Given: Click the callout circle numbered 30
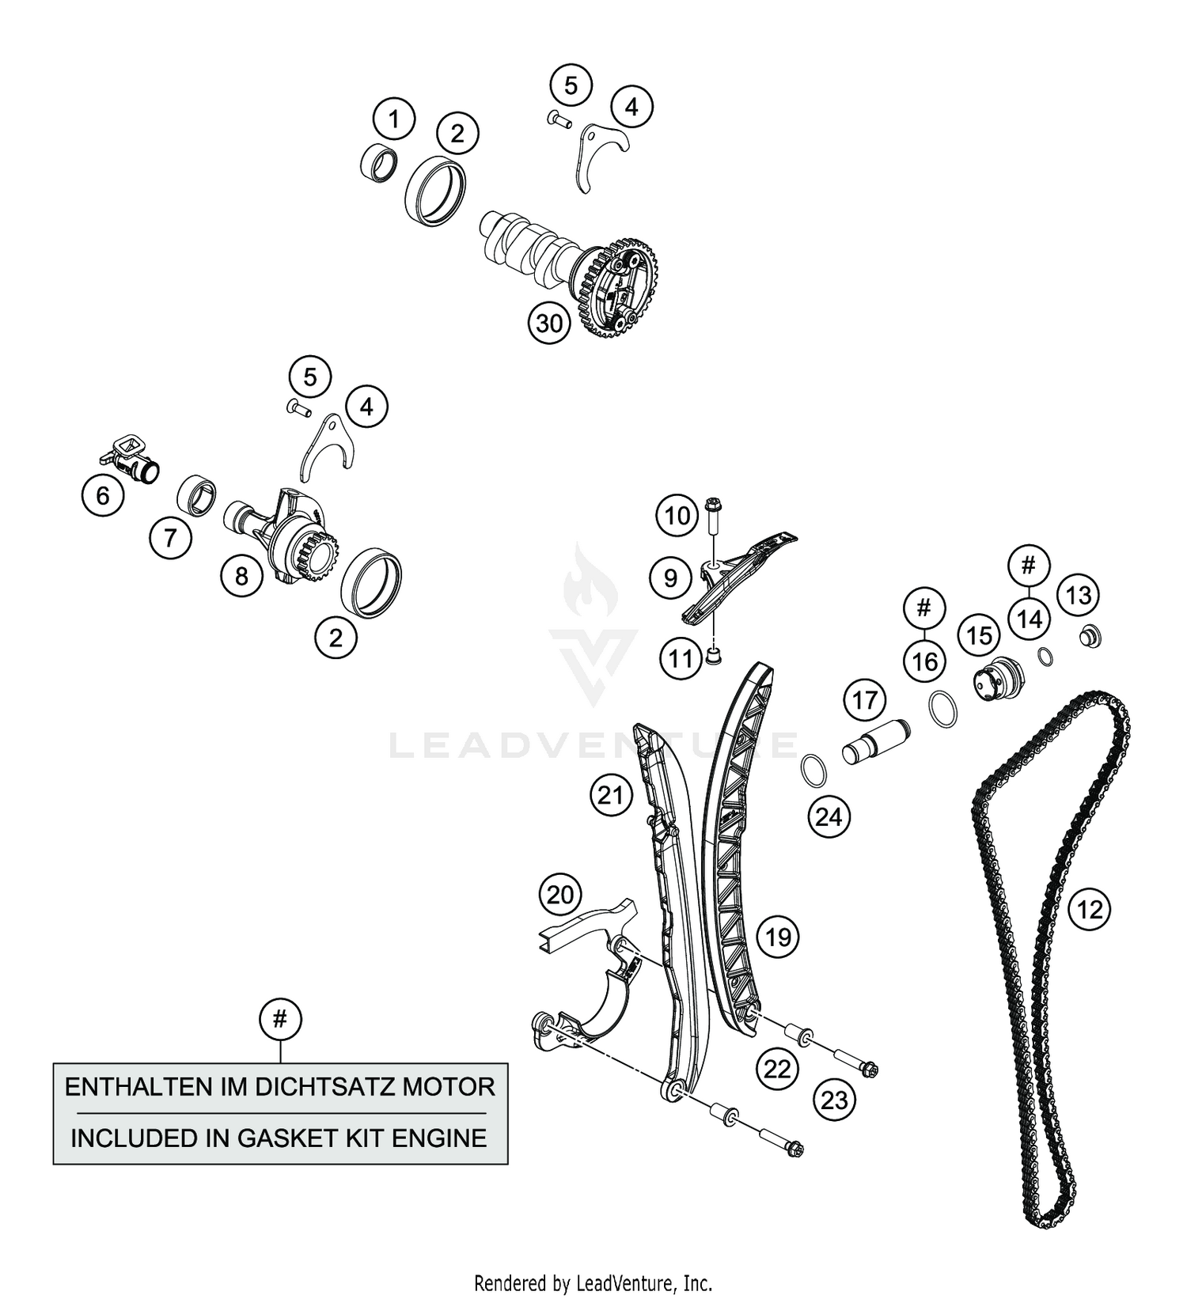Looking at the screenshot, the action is (x=550, y=323).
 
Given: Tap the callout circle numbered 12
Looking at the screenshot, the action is (x=1090, y=910).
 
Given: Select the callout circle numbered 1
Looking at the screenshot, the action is (x=394, y=121).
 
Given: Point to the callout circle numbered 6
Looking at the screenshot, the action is (x=103, y=495).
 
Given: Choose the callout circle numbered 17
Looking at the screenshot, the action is (x=865, y=700).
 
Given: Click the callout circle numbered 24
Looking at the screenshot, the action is (x=829, y=816).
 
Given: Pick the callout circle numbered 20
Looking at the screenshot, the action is (x=560, y=895).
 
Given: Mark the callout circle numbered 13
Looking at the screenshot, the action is (x=1079, y=595).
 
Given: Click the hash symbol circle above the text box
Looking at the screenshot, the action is (x=280, y=1019).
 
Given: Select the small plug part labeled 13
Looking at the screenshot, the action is (x=1092, y=635).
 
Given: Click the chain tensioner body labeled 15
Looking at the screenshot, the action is (x=997, y=679).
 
